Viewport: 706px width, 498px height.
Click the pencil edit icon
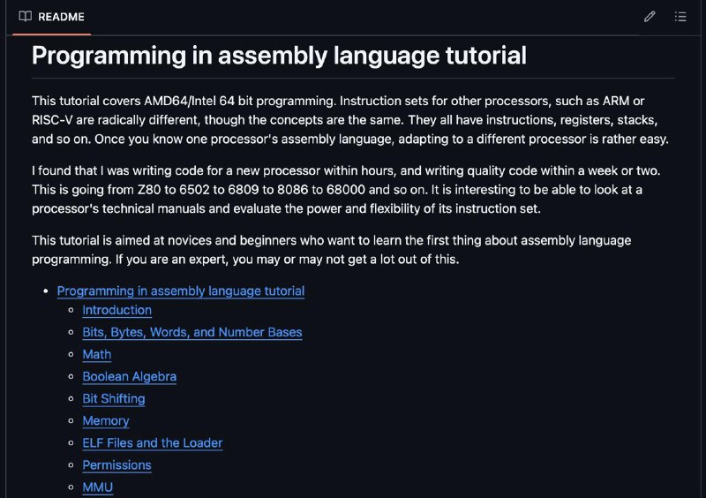(650, 17)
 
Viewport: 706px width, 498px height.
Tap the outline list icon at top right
(680, 17)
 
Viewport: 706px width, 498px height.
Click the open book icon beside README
(26, 16)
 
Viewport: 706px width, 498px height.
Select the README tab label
(61, 17)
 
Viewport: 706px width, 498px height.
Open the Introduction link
(117, 310)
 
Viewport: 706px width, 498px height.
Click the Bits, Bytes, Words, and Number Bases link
(192, 332)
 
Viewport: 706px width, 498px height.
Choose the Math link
(97, 354)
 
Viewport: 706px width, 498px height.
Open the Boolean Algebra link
(130, 376)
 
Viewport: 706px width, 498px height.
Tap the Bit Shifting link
(114, 398)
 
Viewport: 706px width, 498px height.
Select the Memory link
(106, 420)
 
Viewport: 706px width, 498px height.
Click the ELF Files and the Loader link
(153, 442)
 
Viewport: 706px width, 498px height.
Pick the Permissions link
(117, 464)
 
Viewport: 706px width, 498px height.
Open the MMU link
(98, 487)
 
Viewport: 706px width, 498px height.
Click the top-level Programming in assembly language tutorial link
(181, 291)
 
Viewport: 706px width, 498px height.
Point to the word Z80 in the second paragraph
(149, 189)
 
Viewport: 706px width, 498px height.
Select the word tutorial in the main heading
(486, 56)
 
